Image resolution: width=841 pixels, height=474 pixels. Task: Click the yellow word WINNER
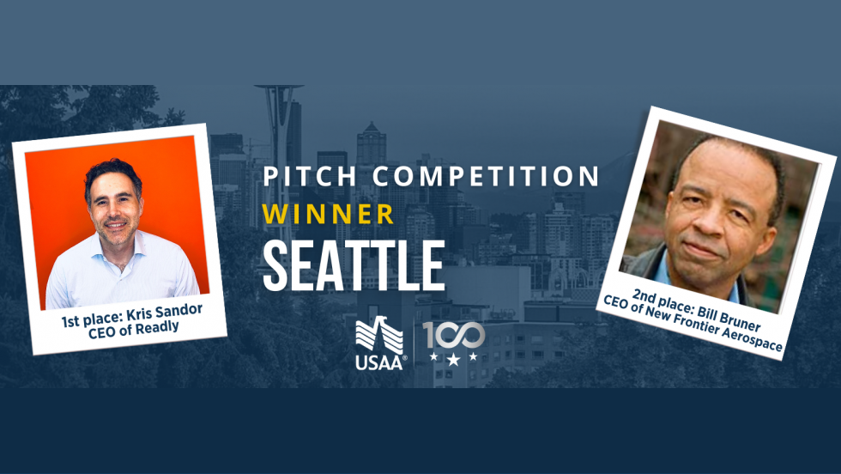tap(328, 215)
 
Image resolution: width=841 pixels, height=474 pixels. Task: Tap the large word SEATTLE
tap(354, 265)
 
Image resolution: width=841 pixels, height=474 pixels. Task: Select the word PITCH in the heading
tap(310, 177)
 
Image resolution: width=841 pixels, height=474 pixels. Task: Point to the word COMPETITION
tap(486, 177)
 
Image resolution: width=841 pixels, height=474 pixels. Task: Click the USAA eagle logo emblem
tap(379, 334)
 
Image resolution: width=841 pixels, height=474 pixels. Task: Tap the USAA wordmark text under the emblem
tap(378, 363)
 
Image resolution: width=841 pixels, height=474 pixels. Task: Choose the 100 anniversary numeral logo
tap(454, 336)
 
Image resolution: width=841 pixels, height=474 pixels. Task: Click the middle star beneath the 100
tap(453, 359)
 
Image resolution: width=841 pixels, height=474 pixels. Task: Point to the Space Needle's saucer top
tap(279, 88)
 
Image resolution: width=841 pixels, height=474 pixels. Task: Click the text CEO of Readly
tap(134, 330)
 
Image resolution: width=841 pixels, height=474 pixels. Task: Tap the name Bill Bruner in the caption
tap(729, 317)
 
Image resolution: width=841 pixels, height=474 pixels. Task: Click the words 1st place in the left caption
tap(92, 320)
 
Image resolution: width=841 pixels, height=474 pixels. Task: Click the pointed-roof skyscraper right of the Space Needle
tap(371, 144)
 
